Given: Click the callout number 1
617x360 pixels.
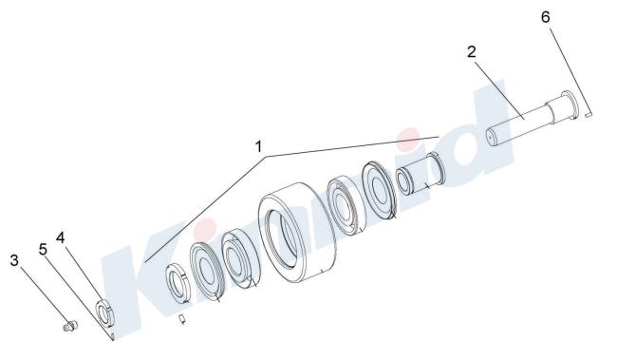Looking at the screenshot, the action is click(x=258, y=147).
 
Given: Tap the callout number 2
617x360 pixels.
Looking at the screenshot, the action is click(x=472, y=51).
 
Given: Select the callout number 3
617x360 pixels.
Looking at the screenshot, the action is click(x=14, y=260).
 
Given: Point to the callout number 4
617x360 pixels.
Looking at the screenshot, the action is click(x=60, y=237).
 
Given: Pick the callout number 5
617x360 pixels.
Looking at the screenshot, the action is click(x=43, y=249).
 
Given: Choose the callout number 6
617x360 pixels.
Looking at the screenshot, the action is click(x=546, y=17).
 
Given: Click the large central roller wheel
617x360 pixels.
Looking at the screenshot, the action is click(x=296, y=233).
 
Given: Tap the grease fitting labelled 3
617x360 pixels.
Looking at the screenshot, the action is click(x=70, y=326).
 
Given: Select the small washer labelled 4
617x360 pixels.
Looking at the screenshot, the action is click(x=105, y=313).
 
